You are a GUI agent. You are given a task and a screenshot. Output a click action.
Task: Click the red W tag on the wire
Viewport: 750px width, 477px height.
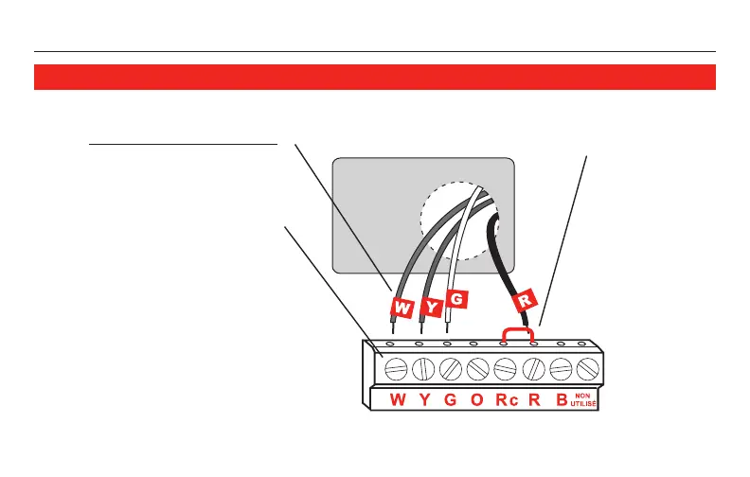tap(402, 308)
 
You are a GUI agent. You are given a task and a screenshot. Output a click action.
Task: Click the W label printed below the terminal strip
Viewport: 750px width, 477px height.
tap(398, 399)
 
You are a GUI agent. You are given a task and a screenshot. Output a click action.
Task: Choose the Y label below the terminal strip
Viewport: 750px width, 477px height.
tap(424, 399)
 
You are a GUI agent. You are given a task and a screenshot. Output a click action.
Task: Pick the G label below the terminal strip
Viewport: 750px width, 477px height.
tap(451, 399)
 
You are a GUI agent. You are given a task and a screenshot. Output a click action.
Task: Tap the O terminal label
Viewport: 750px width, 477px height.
tap(477, 399)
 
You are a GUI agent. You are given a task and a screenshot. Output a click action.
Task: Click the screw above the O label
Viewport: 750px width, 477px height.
tap(478, 366)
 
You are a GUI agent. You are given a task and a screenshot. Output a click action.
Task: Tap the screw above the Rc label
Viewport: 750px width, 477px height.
tap(505, 366)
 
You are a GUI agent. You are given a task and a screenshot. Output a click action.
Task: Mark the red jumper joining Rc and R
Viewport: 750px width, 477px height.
tap(518, 329)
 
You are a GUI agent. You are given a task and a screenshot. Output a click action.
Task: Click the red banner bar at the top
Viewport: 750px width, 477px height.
tap(374, 77)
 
